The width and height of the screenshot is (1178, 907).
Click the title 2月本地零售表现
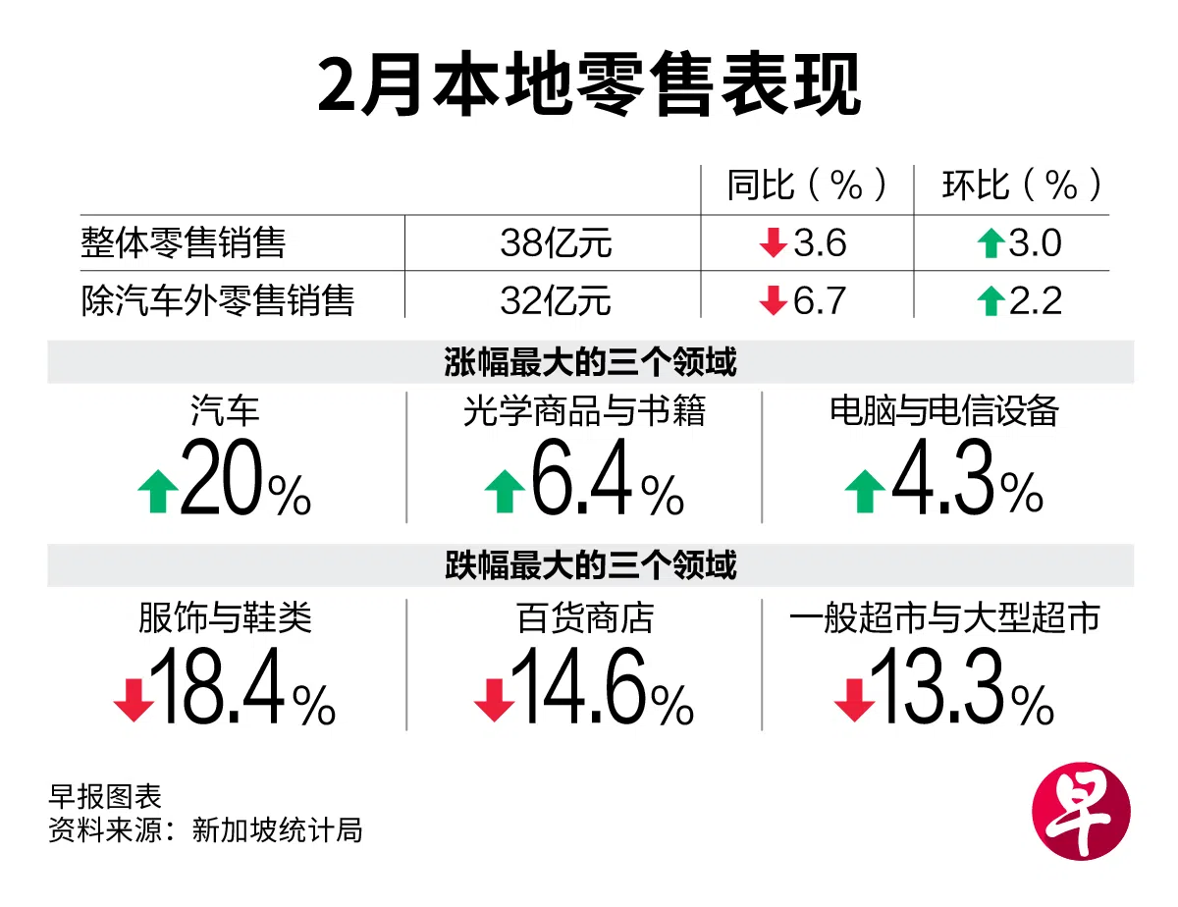click(x=589, y=86)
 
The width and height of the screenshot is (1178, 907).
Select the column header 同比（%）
click(x=807, y=186)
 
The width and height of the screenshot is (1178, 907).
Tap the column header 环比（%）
click(x=1022, y=186)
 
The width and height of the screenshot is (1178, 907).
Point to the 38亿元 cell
click(x=556, y=242)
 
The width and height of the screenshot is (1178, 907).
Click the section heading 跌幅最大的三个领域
click(x=590, y=565)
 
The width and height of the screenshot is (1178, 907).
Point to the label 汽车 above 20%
click(x=225, y=410)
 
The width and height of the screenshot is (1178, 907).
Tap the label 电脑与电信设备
click(x=944, y=410)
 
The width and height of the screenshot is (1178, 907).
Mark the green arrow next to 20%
click(x=157, y=491)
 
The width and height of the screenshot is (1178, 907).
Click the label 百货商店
click(x=584, y=618)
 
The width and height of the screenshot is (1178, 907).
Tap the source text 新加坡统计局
click(x=277, y=830)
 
